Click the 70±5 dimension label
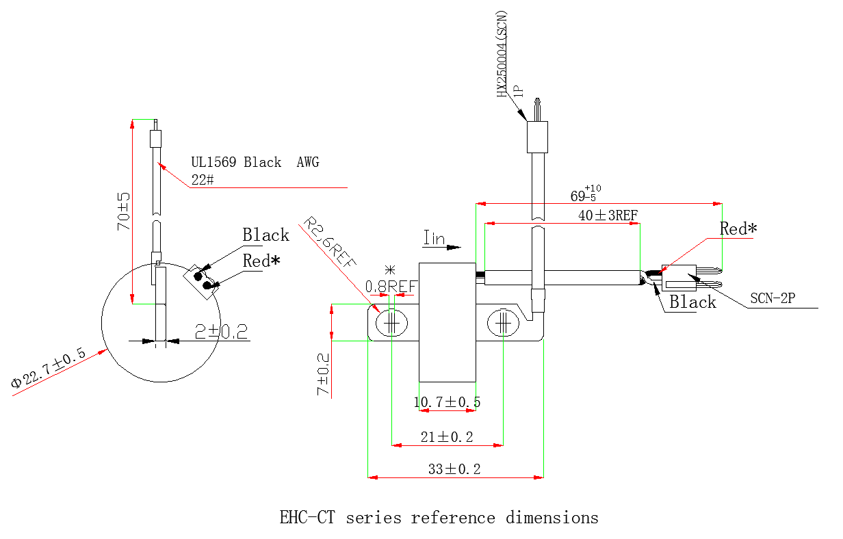pos(123,211)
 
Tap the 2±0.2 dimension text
pos(220,332)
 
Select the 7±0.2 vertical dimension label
pos(322,374)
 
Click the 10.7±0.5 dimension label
pos(447,402)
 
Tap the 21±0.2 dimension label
pos(447,437)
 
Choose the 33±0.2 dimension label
pos(454,469)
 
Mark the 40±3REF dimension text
pos(608,215)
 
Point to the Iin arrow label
pos(435,239)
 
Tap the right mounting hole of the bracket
pos(503,321)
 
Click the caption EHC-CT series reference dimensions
pos(439,517)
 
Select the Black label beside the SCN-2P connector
pos(692,302)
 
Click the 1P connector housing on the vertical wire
pos(537,137)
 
